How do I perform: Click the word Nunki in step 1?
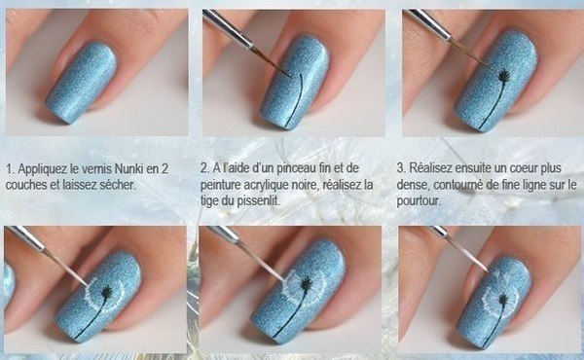(129, 169)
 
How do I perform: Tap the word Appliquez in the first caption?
(43, 169)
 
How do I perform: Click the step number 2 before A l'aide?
(204, 168)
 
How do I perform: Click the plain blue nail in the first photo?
(81, 83)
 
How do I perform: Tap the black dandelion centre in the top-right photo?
(504, 76)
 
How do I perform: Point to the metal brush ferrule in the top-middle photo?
(229, 30)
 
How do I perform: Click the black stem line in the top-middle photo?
(295, 101)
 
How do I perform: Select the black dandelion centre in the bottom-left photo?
(106, 292)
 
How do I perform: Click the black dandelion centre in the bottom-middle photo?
(307, 284)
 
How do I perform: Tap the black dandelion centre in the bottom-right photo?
(503, 299)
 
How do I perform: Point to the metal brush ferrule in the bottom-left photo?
(25, 238)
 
